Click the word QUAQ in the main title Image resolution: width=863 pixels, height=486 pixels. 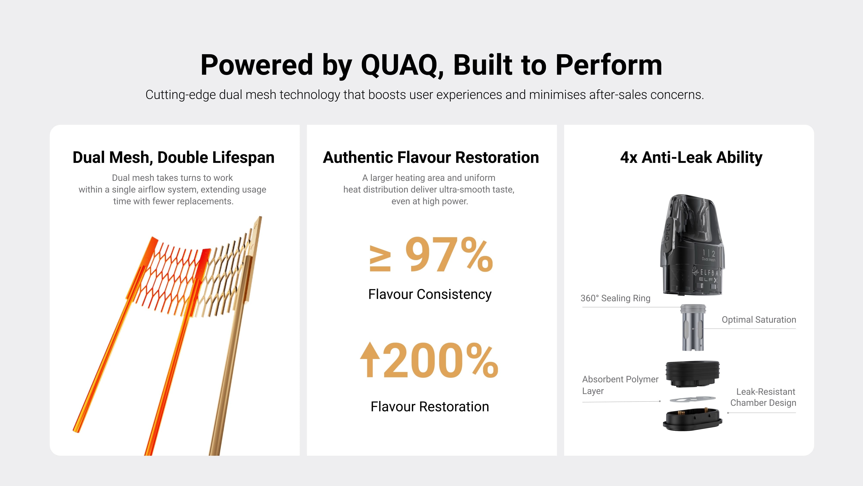pos(402,65)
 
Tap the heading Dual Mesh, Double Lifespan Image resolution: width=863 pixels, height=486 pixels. pos(173,157)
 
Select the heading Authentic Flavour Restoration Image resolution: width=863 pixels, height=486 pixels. pos(431,157)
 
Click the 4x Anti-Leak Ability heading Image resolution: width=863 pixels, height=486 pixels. pos(691,157)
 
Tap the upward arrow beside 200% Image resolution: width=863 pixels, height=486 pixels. pos(370,360)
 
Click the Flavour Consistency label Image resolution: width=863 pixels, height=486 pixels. pos(430,294)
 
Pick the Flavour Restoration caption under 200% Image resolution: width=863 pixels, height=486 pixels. pos(430,407)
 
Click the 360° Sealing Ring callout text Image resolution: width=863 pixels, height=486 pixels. pos(615,298)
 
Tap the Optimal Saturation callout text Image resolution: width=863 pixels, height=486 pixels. pos(759,320)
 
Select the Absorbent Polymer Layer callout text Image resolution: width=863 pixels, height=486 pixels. pos(620,385)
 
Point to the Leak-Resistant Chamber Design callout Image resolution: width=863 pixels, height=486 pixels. pos(763,397)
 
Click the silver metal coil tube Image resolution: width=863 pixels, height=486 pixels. pos(693,327)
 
